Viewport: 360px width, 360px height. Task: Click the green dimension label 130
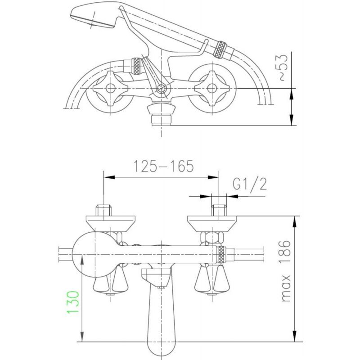73,301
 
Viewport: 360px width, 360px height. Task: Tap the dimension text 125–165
164,166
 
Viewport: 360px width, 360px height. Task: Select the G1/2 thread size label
250,184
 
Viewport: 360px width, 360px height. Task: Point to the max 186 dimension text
286,271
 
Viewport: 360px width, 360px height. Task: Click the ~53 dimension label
283,68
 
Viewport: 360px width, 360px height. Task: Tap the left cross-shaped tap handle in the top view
110,88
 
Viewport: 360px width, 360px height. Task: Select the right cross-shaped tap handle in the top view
211,88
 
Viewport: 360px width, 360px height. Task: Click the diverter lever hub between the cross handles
162,88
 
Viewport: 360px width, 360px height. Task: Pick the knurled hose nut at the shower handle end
220,49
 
